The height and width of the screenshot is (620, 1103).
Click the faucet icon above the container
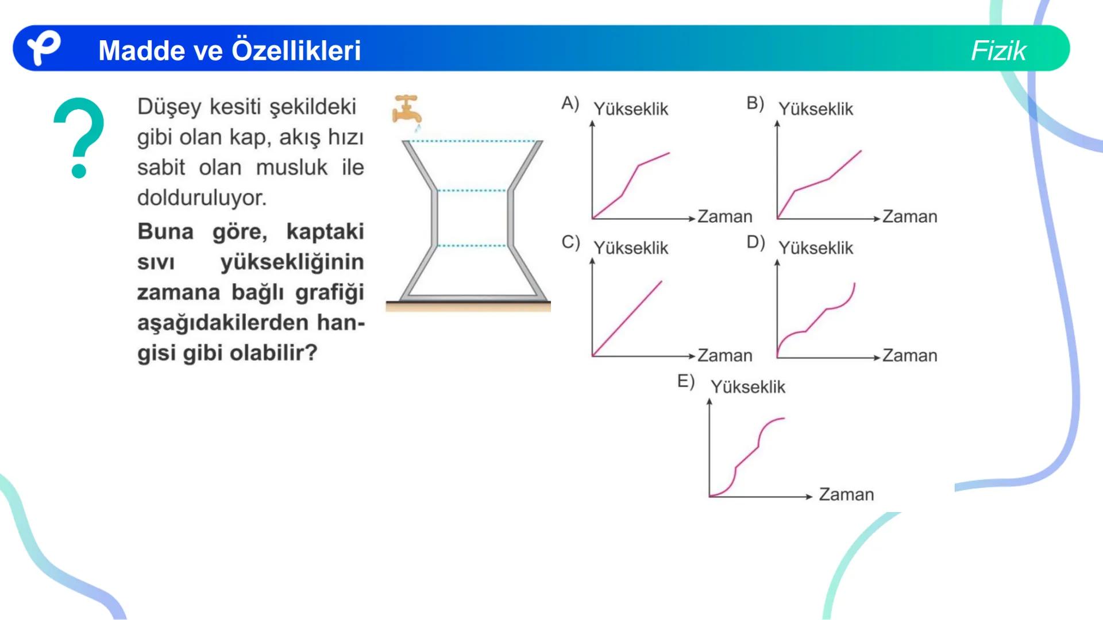click(406, 110)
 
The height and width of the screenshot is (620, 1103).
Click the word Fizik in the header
click(998, 51)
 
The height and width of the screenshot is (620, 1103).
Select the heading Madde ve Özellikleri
click(229, 51)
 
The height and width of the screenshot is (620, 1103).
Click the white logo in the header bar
click(44, 48)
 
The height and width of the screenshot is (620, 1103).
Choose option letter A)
click(570, 103)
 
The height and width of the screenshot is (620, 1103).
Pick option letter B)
click(755, 103)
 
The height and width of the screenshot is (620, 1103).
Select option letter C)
click(570, 242)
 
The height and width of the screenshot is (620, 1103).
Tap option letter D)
click(755, 242)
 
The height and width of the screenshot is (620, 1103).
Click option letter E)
click(685, 381)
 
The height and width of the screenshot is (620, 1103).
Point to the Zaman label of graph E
click(846, 494)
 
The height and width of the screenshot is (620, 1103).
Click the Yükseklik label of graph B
click(815, 109)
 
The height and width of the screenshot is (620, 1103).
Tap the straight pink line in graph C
click(627, 318)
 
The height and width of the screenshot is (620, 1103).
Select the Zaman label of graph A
click(724, 216)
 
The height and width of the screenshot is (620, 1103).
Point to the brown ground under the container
click(468, 307)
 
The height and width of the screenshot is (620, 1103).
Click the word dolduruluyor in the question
click(202, 197)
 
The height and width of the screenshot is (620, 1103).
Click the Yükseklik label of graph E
click(747, 387)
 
